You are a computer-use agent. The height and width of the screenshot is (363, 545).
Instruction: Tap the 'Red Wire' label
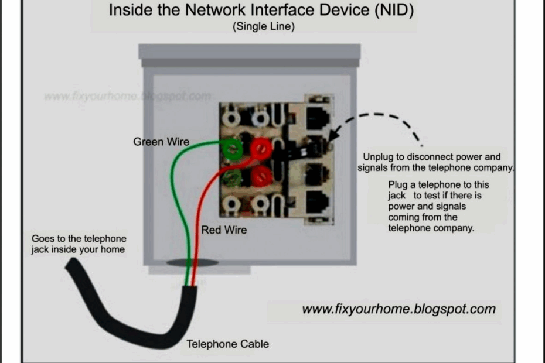[224, 230]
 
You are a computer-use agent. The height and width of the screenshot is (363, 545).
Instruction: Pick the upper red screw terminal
[258, 149]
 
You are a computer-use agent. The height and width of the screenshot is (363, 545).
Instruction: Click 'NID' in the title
[387, 10]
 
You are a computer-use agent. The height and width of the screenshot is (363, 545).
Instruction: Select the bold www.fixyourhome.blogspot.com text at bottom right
[398, 309]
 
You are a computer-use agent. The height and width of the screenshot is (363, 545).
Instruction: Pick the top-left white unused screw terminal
[231, 119]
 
